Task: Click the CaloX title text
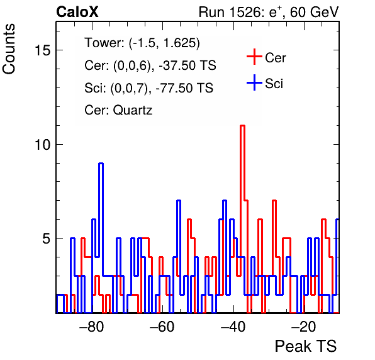pos(77,12)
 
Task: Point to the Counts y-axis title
pos(9,49)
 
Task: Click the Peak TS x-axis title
pos(306,346)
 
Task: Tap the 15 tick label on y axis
pos(43,50)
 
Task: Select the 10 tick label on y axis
pos(43,145)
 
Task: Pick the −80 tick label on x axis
pos(92,327)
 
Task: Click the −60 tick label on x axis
pos(162,327)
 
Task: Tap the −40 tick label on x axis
pos(233,327)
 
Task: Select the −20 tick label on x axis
pos(304,327)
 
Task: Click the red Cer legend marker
pos(254,57)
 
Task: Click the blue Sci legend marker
pos(254,83)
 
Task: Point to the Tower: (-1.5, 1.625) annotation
pos(142,43)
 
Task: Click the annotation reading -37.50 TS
pos(187,65)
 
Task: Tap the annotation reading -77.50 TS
pos(184,87)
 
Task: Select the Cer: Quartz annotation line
pos(118,110)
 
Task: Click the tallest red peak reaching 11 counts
pos(242,126)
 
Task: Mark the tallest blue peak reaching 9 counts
pos(101,164)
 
